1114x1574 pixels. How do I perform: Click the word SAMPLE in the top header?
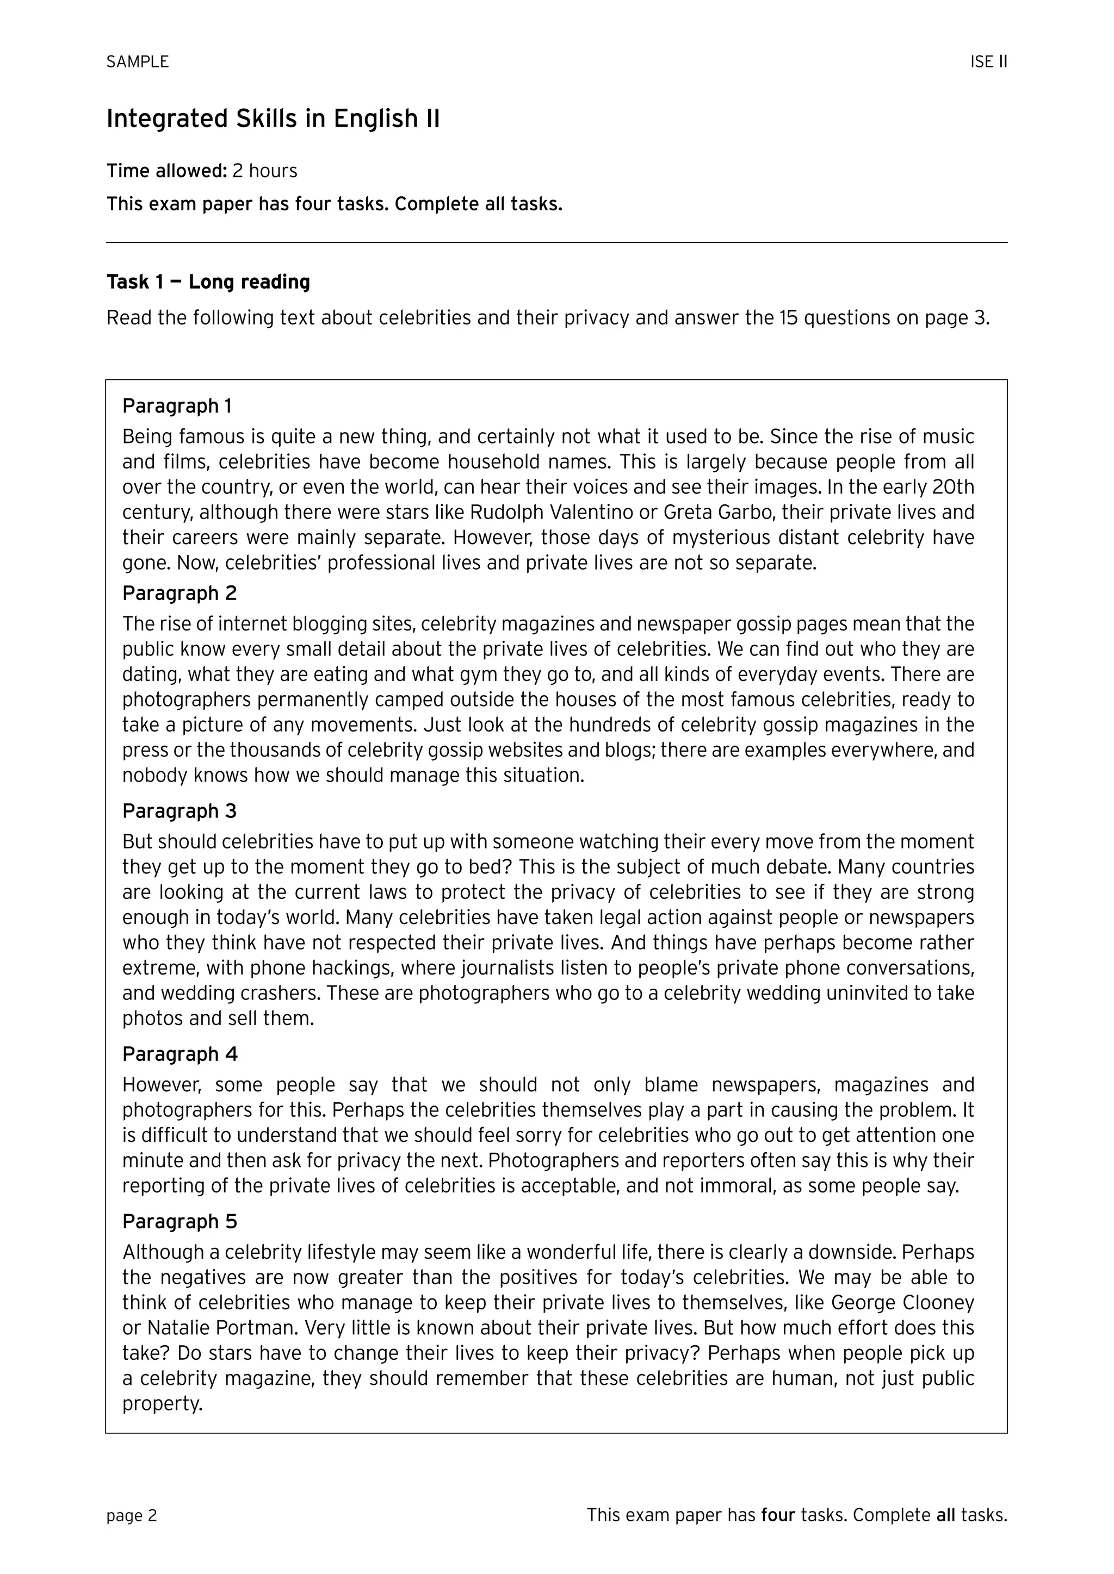click(x=137, y=62)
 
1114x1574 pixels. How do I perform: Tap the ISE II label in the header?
click(x=988, y=62)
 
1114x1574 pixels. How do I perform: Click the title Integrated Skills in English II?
click(x=273, y=118)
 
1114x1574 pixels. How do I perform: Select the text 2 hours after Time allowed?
click(x=265, y=171)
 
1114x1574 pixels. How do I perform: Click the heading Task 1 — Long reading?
click(x=208, y=282)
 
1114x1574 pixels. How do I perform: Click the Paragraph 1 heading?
click(x=177, y=406)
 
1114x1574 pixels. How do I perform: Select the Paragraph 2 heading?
click(x=179, y=593)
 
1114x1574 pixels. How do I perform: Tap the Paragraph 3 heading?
click(x=179, y=811)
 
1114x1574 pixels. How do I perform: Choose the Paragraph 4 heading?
click(x=180, y=1054)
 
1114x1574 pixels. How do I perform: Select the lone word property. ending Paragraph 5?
click(x=163, y=1404)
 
